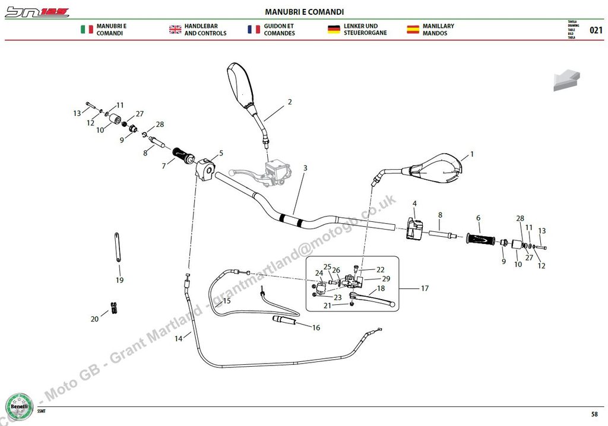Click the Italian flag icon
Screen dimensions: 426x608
coord(87,30)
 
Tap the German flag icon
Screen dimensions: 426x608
coord(333,30)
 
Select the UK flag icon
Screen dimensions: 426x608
coord(175,30)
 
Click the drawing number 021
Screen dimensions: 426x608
coord(596,30)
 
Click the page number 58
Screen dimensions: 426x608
coord(594,414)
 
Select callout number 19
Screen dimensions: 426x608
coord(119,280)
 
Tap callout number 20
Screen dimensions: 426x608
coord(94,319)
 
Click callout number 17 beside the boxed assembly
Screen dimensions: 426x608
coord(425,289)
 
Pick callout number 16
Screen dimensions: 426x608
coord(316,328)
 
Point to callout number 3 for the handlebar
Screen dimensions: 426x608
coord(305,169)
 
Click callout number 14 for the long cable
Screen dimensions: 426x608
coord(179,339)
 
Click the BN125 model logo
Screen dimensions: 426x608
coord(37,12)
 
